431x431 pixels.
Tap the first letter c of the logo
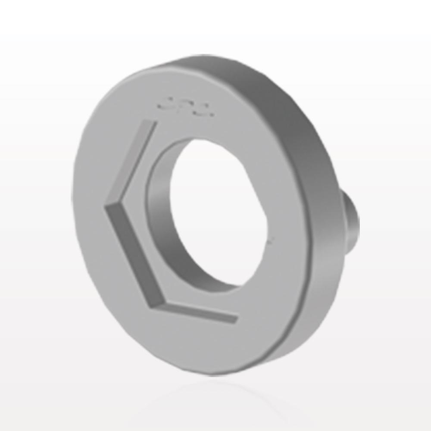[164, 103]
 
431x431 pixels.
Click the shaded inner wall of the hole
[159, 207]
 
